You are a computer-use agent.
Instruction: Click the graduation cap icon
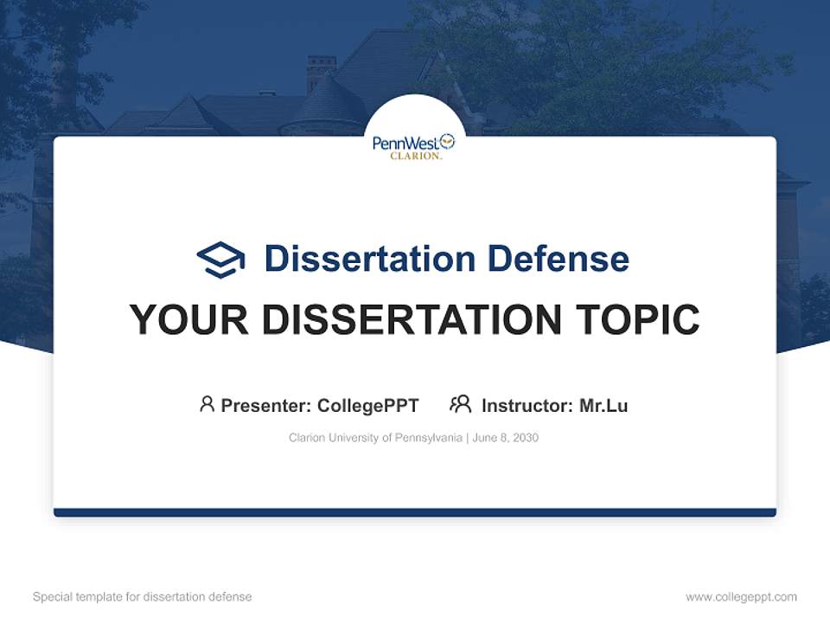pyautogui.click(x=220, y=260)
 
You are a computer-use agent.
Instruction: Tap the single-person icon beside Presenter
pyautogui.click(x=207, y=404)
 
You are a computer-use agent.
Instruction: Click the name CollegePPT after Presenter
pyautogui.click(x=367, y=405)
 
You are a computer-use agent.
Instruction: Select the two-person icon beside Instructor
pyautogui.click(x=460, y=404)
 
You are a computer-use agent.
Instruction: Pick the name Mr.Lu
pyautogui.click(x=603, y=405)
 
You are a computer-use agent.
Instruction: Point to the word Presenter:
pyautogui.click(x=266, y=405)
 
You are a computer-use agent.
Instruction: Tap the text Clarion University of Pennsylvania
pyautogui.click(x=375, y=438)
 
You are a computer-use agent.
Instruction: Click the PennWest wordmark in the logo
pyautogui.click(x=405, y=143)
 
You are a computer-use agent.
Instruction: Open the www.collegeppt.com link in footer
pyautogui.click(x=741, y=597)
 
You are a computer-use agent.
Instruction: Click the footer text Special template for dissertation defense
pyautogui.click(x=143, y=597)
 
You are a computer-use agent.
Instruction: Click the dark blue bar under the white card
pyautogui.click(x=415, y=512)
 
